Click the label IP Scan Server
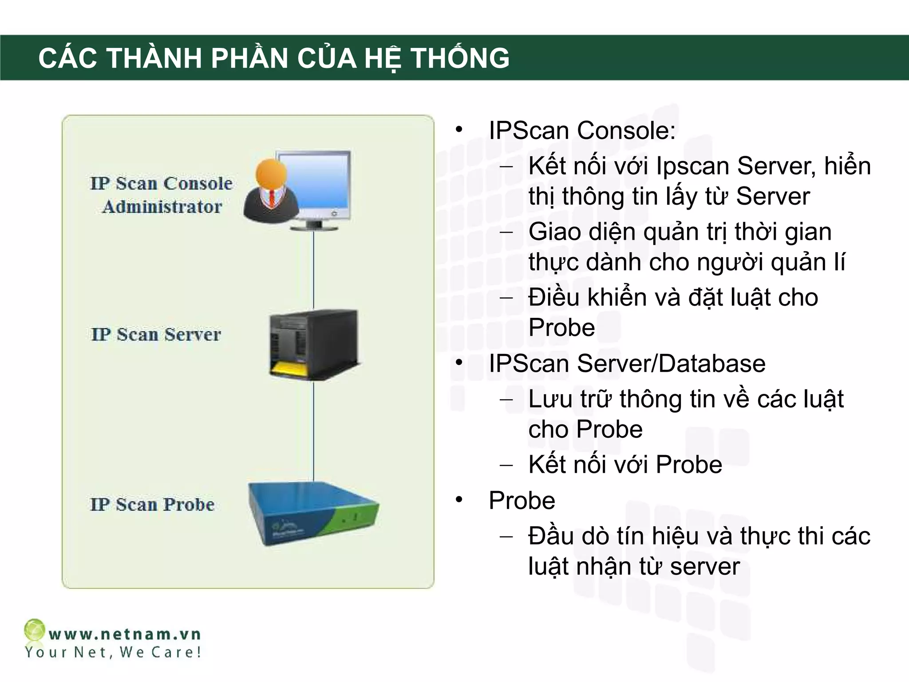pos(156,334)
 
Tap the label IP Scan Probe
pos(152,504)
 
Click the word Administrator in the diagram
pos(162,207)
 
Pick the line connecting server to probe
pos(314,431)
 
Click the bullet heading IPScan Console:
pos(582,131)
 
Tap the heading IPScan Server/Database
pos(627,363)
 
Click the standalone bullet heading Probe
pos(522,500)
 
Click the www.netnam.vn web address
pos(125,634)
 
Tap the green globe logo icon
pos(34,630)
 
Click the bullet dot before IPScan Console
pos(459,130)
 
